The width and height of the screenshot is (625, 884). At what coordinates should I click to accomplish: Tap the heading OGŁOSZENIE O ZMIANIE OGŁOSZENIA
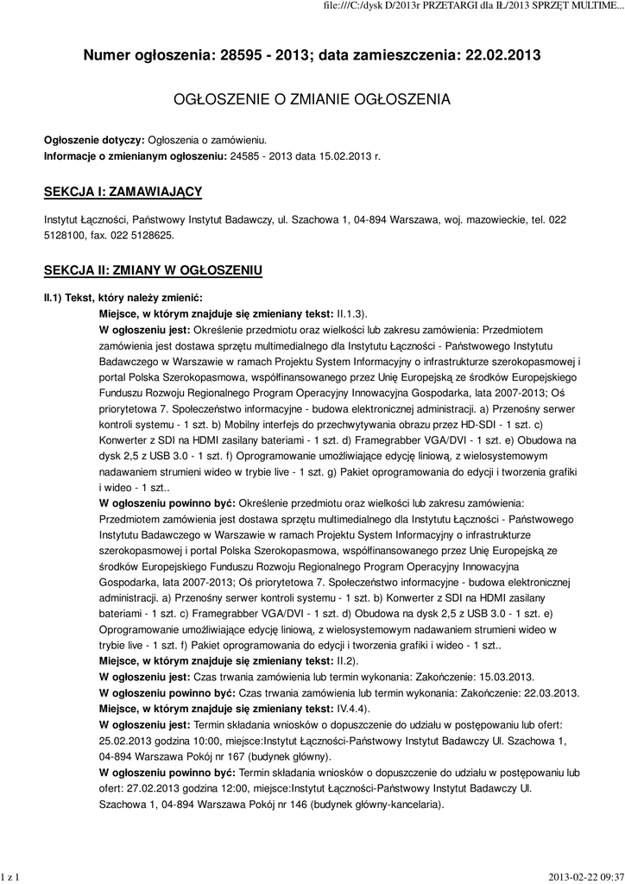click(x=312, y=100)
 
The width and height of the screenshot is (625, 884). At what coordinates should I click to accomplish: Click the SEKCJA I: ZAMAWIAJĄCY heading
click(x=123, y=190)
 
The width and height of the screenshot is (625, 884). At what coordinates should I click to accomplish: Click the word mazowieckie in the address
click(x=496, y=219)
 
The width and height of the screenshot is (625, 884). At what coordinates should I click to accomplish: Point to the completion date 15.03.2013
click(x=503, y=676)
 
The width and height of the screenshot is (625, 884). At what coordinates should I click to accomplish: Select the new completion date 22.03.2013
click(x=548, y=692)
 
